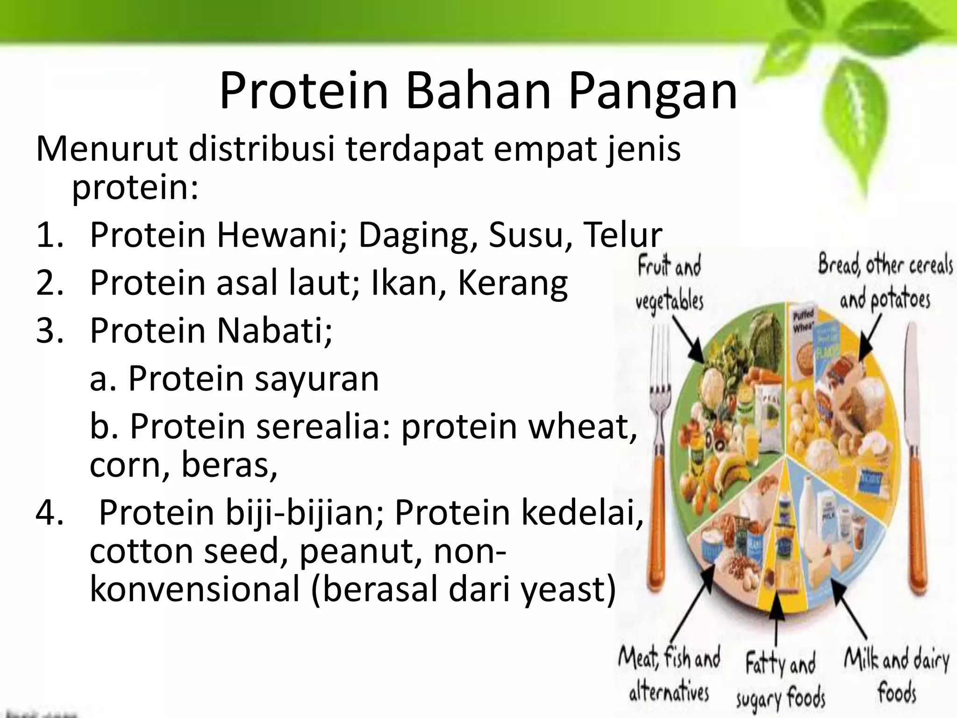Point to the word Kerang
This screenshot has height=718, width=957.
click(513, 283)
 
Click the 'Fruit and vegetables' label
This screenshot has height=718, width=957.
click(669, 284)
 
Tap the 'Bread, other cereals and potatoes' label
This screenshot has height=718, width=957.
click(885, 282)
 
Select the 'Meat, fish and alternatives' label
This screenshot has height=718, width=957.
click(669, 675)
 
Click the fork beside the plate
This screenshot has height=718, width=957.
click(659, 467)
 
